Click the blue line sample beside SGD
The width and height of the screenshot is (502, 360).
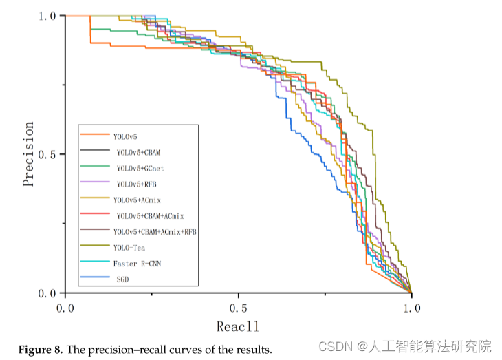click(x=95, y=278)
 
